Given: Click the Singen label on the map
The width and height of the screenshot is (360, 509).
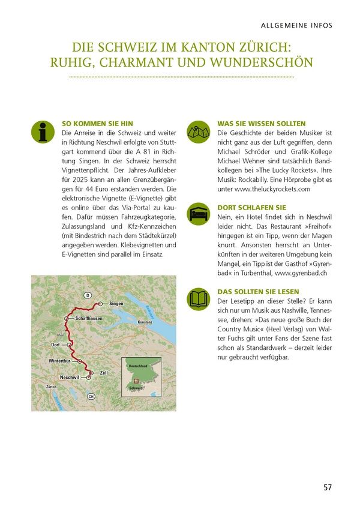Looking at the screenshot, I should (116, 304).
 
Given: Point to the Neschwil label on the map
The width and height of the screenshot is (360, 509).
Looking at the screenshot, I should (70, 377).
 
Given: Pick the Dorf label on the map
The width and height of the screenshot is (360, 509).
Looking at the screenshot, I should (56, 345).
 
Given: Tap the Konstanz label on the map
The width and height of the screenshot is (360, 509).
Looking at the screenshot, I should (145, 322).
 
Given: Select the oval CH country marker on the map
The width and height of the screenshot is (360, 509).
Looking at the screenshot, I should (91, 396).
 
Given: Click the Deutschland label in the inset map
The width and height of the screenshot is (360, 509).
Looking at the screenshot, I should (138, 365).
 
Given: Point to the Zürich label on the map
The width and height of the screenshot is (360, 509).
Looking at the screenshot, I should (52, 387).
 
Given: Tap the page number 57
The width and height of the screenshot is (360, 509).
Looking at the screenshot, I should (326, 487).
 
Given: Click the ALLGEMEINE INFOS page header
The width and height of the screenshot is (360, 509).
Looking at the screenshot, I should (296, 25).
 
